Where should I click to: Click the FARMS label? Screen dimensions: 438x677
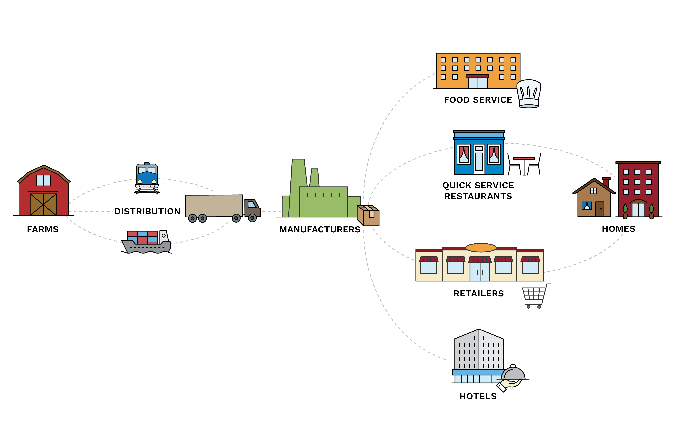tap(43, 229)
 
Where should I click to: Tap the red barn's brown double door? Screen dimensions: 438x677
tap(43, 205)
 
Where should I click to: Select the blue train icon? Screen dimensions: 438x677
tap(147, 178)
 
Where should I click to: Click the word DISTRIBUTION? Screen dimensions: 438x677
tap(147, 211)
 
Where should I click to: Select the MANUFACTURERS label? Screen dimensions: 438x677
tap(320, 229)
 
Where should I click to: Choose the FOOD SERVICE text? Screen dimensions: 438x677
tap(478, 100)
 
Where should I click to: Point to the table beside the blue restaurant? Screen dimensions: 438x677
tap(524, 165)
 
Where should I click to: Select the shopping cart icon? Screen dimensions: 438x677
tap(535, 296)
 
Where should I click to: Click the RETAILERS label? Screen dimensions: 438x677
tap(478, 293)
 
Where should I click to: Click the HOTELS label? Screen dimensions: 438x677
tap(478, 396)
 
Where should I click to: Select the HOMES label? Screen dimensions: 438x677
tap(618, 229)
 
